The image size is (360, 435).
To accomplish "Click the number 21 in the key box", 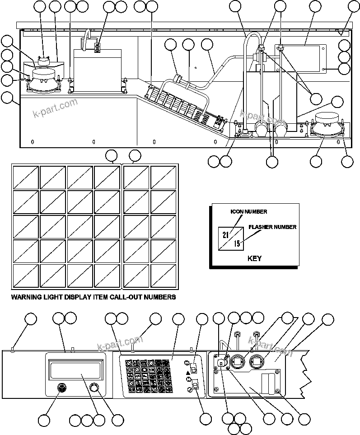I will (x=225, y=234).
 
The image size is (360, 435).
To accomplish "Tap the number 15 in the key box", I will (x=237, y=244).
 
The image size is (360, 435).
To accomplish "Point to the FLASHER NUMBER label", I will (x=272, y=227).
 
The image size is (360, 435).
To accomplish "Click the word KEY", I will (x=255, y=259).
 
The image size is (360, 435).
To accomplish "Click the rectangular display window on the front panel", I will (x=75, y=368).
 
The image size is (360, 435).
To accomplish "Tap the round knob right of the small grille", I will (x=94, y=388).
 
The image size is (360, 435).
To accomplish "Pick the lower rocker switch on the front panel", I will (x=195, y=385).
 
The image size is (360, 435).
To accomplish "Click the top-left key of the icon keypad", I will (x=129, y=363).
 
